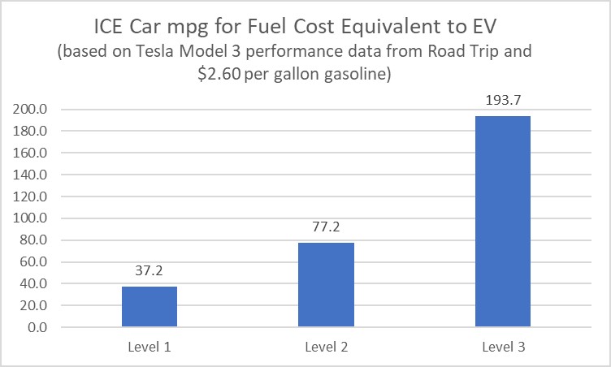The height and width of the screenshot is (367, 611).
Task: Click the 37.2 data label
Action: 149,270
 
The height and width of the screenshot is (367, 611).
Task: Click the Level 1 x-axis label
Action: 149,347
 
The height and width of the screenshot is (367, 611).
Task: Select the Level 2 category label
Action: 327,347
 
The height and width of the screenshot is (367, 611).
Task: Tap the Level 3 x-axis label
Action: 503,347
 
